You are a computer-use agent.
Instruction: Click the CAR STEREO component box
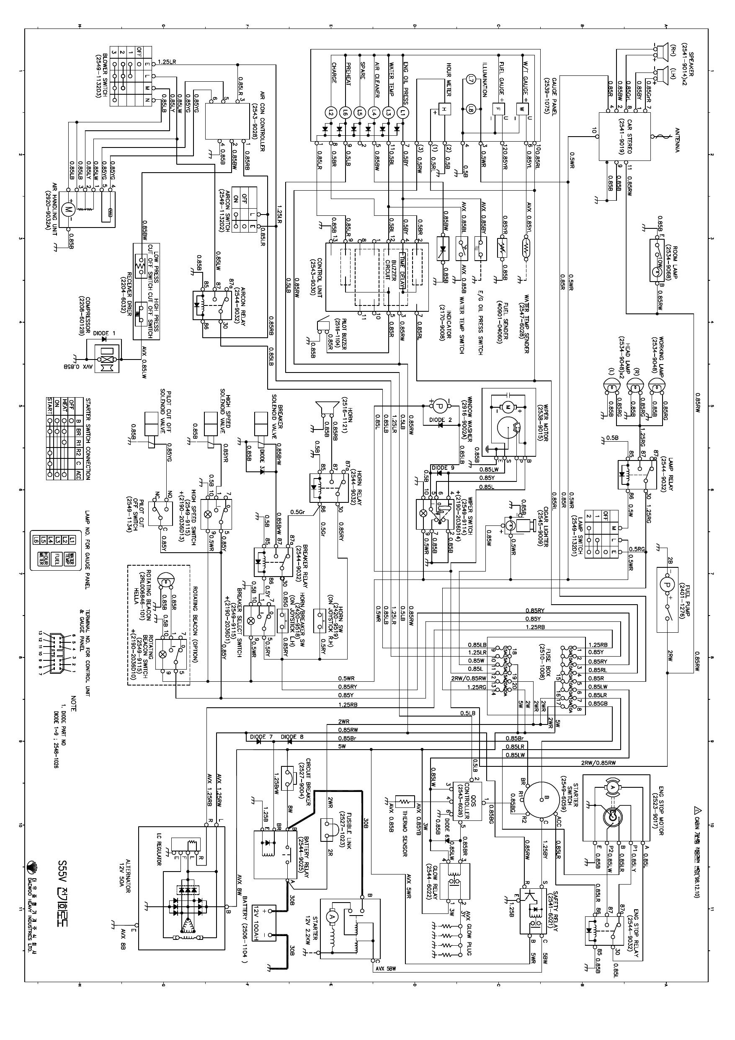[624, 136]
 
